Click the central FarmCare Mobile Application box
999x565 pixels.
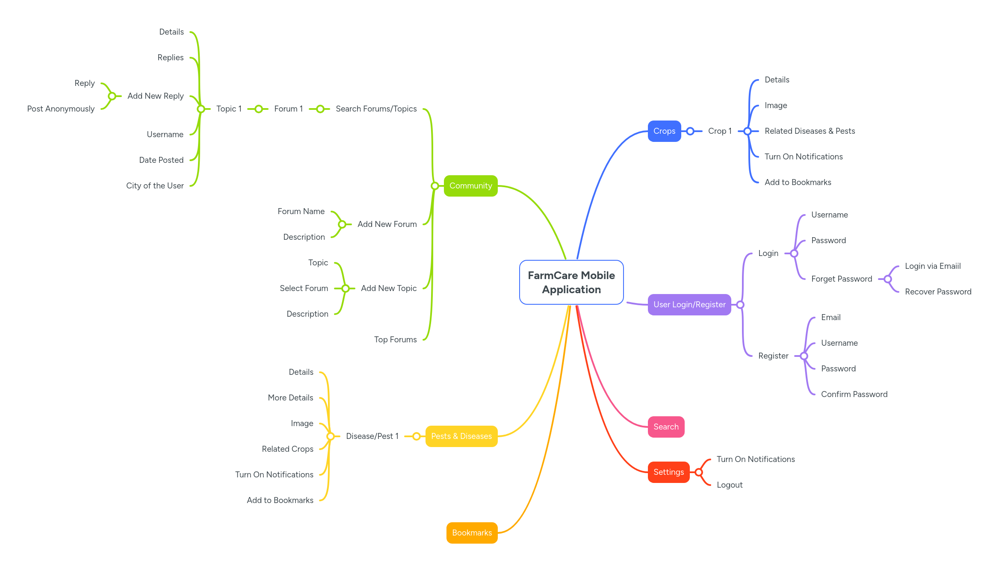click(x=571, y=282)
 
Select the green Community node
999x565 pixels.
click(x=470, y=186)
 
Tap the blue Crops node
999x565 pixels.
click(x=664, y=131)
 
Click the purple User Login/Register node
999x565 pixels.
click(x=689, y=305)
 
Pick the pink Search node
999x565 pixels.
click(x=666, y=427)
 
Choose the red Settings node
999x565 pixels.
click(x=668, y=472)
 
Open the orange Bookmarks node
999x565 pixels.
click(x=472, y=533)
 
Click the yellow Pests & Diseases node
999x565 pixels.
click(x=461, y=436)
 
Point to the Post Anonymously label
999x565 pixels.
click(x=61, y=109)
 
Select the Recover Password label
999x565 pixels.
click(x=938, y=292)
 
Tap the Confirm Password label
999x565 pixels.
click(x=854, y=394)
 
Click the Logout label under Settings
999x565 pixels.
click(x=730, y=485)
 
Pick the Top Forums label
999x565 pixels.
click(x=395, y=340)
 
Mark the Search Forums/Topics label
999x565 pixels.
click(x=376, y=109)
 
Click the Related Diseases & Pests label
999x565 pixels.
click(x=810, y=131)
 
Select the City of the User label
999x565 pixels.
click(x=155, y=186)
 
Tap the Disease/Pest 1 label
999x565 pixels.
click(x=372, y=436)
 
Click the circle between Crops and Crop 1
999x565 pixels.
click(x=690, y=131)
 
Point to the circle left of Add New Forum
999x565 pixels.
click(x=342, y=224)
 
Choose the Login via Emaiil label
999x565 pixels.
click(x=933, y=266)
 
